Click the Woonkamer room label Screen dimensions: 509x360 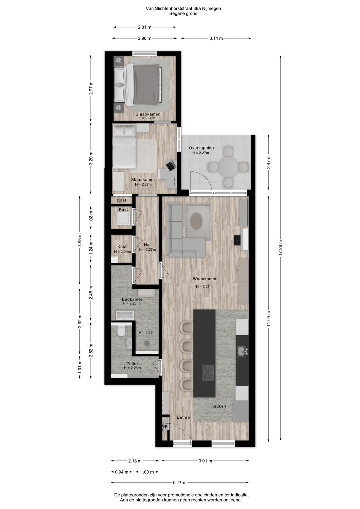tap(205, 279)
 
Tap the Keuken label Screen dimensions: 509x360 tap(218, 406)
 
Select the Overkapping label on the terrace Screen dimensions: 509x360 tap(201, 148)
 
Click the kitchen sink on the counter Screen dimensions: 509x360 tap(242, 351)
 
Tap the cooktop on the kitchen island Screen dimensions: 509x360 tap(208, 372)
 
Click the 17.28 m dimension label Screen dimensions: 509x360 tap(281, 248)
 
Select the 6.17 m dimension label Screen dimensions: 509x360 tap(180, 483)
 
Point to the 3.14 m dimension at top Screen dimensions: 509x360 tap(216, 38)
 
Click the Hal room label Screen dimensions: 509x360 tap(147, 245)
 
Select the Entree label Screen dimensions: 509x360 tap(183, 417)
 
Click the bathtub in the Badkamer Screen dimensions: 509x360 tap(125, 315)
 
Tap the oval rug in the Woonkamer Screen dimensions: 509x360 tap(197, 221)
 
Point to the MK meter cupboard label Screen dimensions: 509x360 tap(164, 427)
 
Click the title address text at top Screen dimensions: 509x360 tap(183, 9)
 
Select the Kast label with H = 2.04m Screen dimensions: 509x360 tap(122, 247)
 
